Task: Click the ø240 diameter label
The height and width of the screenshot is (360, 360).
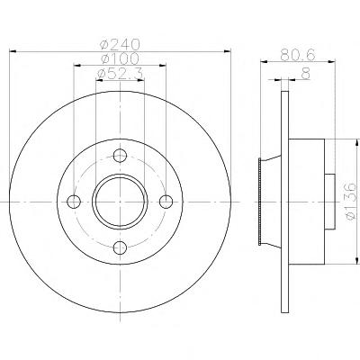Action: [121, 45]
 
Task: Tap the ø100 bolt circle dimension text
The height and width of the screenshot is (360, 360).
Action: [121, 58]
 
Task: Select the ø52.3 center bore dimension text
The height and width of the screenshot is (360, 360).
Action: [121, 74]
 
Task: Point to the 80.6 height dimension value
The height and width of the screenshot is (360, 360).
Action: [298, 55]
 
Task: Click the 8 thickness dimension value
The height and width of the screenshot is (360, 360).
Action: [305, 74]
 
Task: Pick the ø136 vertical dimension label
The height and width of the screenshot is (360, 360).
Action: [350, 202]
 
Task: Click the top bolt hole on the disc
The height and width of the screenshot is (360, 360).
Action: [120, 156]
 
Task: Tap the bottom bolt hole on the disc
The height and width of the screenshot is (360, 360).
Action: [120, 247]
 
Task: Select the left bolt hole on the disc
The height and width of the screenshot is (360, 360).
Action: [74, 202]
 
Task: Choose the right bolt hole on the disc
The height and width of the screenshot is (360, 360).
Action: [166, 202]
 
